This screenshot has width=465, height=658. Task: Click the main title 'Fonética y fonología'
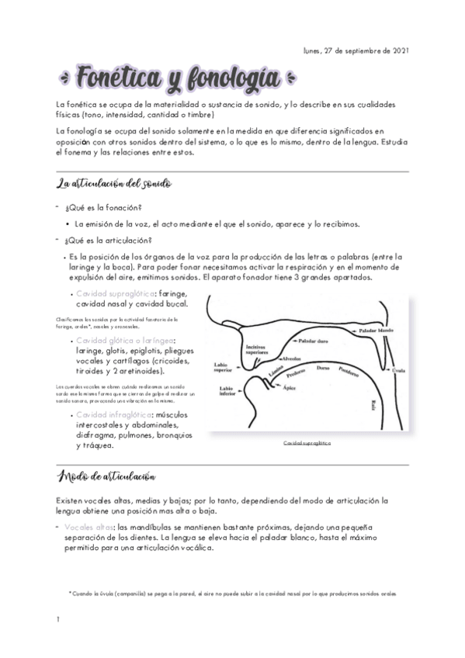[x=168, y=78]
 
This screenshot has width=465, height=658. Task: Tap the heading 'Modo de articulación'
[x=106, y=475]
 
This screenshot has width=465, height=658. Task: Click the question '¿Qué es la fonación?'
[x=103, y=208]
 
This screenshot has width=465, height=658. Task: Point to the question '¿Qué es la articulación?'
[x=109, y=240]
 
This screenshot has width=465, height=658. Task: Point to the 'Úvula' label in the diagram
[x=398, y=370]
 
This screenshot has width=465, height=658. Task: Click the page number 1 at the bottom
[x=58, y=619]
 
